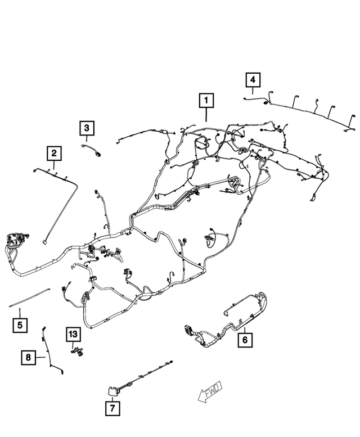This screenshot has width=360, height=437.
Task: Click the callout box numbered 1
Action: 206,101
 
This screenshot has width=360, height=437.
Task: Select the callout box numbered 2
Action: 54,153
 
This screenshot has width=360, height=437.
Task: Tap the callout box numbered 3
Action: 87,129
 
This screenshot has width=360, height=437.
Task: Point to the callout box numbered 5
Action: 20,325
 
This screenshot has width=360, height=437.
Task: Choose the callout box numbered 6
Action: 245,339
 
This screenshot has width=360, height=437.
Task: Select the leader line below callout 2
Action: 54,164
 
